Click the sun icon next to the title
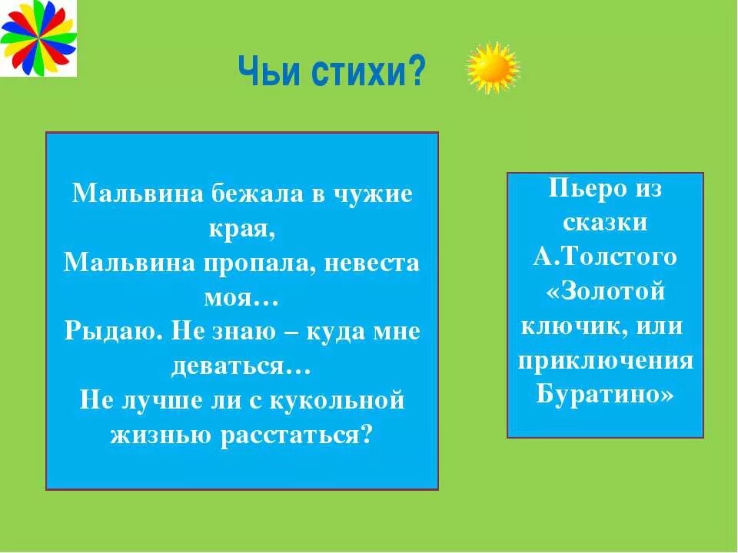[493, 68]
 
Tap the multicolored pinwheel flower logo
[38, 38]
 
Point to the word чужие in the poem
[372, 193]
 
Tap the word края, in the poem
[241, 228]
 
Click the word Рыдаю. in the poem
[112, 333]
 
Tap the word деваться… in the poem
[241, 367]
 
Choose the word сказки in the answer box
[605, 224]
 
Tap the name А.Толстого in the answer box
[605, 257]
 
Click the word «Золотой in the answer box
[605, 292]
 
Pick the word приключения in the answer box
[605, 360]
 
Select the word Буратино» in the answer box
[605, 395]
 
